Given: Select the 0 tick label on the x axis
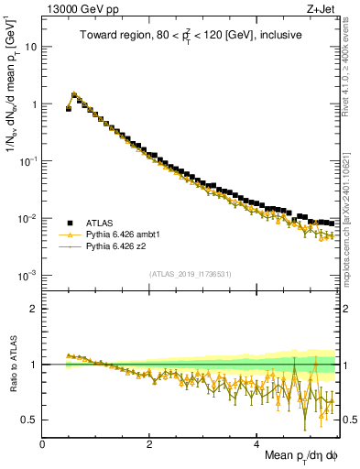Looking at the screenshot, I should pos(42,443).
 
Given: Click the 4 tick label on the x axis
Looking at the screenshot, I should pos(256,443).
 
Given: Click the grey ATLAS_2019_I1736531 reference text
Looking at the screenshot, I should pos(190,274).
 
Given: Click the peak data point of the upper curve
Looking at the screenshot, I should pos(74,93).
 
